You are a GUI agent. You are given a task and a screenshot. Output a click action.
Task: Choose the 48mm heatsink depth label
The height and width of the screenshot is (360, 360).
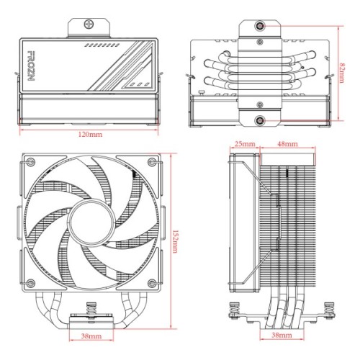(x=288, y=145)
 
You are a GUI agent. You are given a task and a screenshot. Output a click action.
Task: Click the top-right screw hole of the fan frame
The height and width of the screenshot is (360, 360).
(x=152, y=161)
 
